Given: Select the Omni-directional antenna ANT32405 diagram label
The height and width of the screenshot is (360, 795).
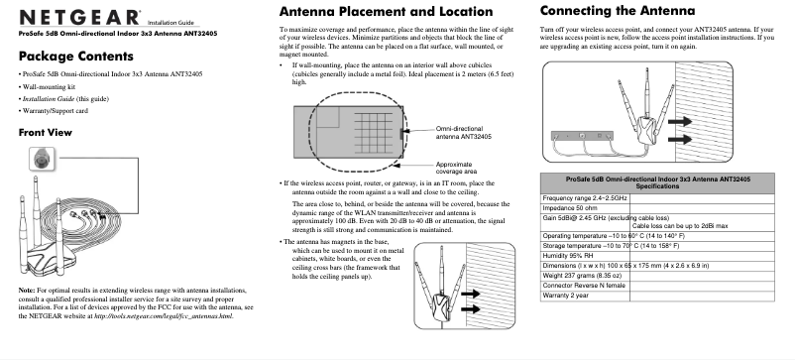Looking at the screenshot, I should tap(464, 133).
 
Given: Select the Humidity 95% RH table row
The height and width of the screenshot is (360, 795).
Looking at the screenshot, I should tap(575, 254).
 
